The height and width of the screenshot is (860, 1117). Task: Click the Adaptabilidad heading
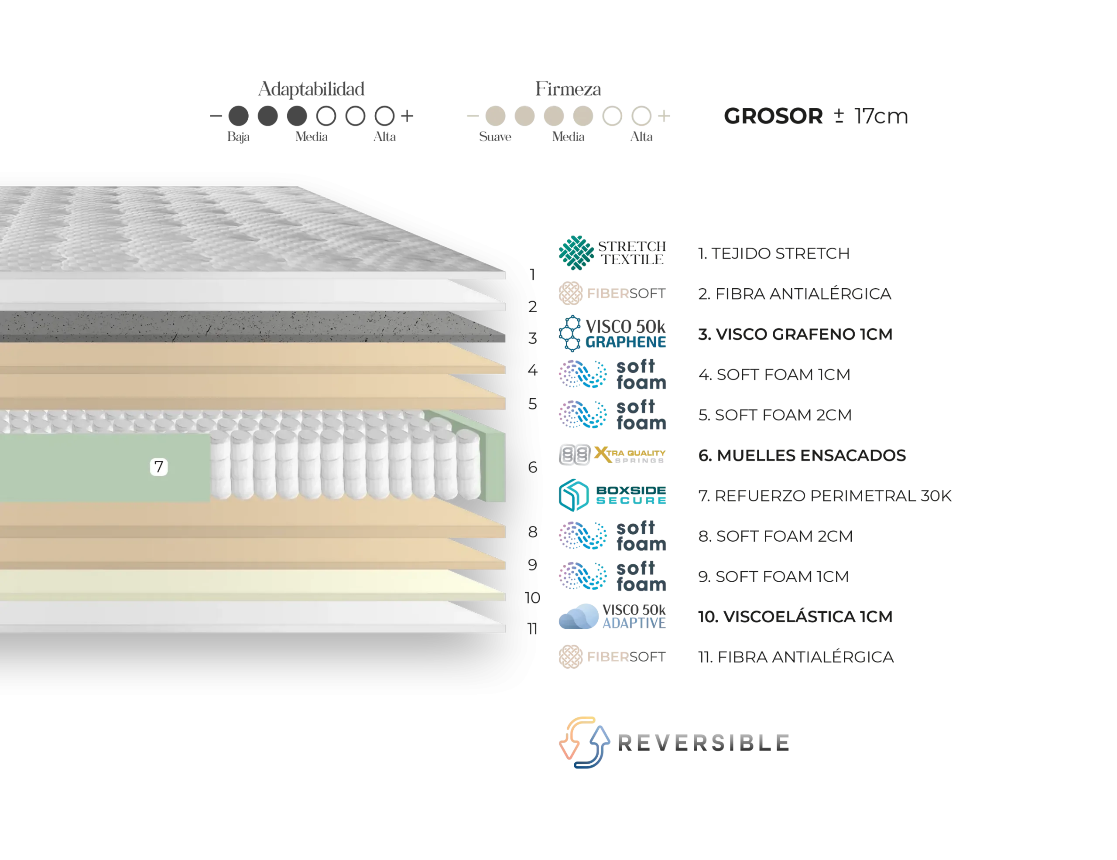pyautogui.click(x=311, y=89)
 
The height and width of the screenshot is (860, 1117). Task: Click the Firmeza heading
pyautogui.click(x=568, y=89)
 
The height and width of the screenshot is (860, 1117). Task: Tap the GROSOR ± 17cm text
pyautogui.click(x=816, y=116)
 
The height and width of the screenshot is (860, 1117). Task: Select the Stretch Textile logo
pyautogui.click(x=612, y=253)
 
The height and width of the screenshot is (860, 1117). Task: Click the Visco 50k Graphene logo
pyautogui.click(x=612, y=333)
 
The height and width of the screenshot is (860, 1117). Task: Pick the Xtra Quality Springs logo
pyautogui.click(x=612, y=454)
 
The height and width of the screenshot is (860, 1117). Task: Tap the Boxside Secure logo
pyautogui.click(x=612, y=495)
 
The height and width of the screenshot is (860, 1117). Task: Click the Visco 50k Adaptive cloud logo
pyautogui.click(x=612, y=616)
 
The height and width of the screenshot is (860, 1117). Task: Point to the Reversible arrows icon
pyautogui.click(x=584, y=742)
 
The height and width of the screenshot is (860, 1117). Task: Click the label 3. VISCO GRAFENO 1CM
pyautogui.click(x=795, y=334)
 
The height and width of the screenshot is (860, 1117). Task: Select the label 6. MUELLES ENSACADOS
pyautogui.click(x=802, y=455)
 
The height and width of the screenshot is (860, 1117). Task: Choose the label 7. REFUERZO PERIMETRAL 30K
pyautogui.click(x=825, y=495)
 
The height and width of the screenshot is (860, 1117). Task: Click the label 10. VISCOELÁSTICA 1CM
pyautogui.click(x=795, y=616)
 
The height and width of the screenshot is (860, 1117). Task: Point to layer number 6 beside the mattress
pyautogui.click(x=532, y=467)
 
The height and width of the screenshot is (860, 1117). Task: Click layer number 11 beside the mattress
pyautogui.click(x=532, y=628)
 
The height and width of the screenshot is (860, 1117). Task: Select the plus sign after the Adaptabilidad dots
pyautogui.click(x=407, y=116)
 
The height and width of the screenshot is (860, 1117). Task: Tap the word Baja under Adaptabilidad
pyautogui.click(x=238, y=137)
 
